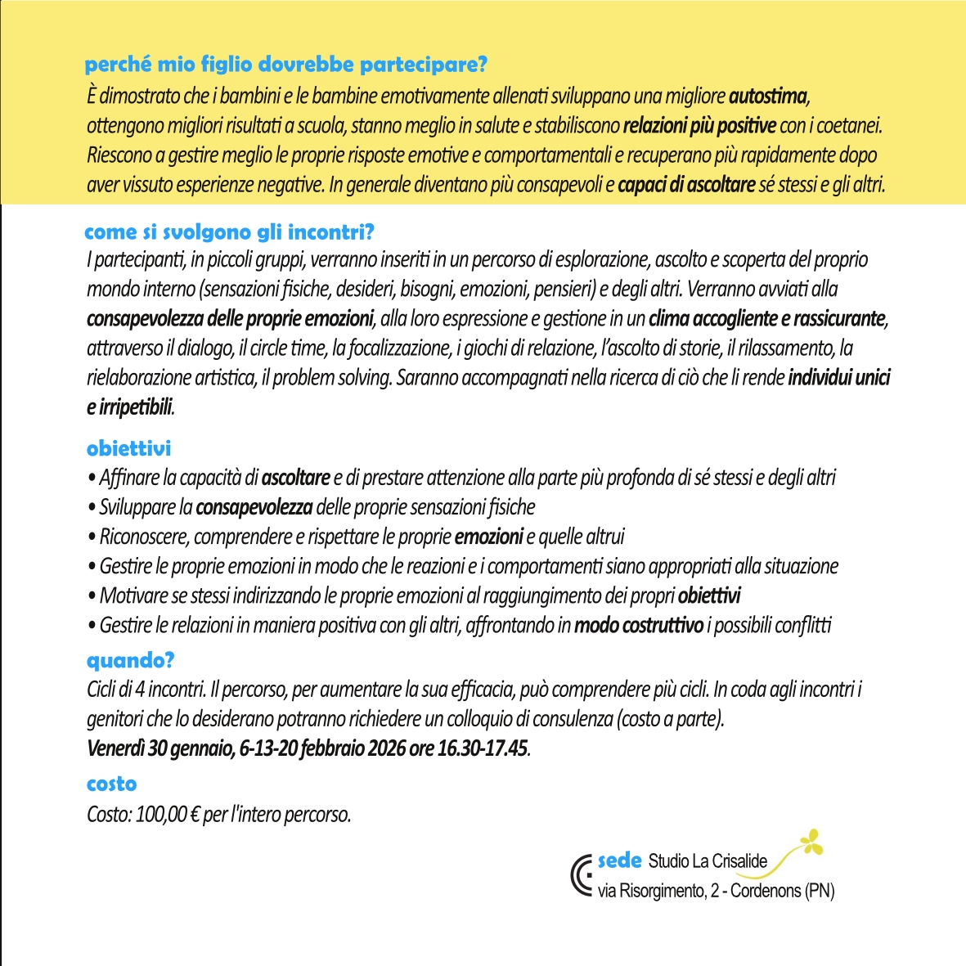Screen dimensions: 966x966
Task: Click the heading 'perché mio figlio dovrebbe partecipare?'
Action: (x=285, y=64)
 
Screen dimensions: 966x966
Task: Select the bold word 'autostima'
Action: (x=768, y=97)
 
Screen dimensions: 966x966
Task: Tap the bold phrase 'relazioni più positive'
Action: (x=699, y=126)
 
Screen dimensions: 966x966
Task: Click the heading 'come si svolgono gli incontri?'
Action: (x=229, y=232)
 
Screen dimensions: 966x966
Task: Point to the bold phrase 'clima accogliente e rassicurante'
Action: (x=767, y=318)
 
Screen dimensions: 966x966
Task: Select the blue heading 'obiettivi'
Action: (x=128, y=448)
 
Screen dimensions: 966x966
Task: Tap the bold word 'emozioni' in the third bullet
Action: (x=488, y=537)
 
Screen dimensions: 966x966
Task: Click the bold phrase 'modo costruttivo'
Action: (x=638, y=626)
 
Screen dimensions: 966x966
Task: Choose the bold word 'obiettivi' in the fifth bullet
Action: (x=709, y=596)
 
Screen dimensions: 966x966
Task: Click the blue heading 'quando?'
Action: (x=131, y=660)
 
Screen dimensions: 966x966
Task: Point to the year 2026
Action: (x=387, y=748)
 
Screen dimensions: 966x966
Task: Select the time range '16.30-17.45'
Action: (x=483, y=748)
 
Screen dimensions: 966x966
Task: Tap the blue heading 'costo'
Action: (x=111, y=784)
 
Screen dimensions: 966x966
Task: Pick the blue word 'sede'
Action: (x=619, y=860)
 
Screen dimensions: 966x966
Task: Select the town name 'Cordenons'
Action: (x=766, y=891)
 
